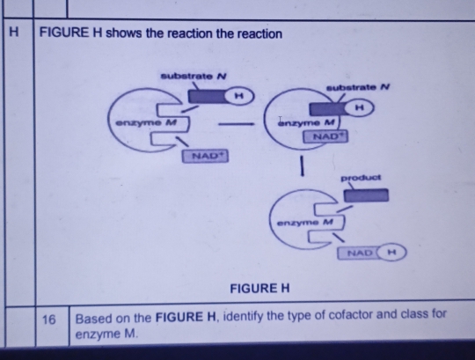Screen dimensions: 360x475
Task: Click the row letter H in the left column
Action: (x=12, y=33)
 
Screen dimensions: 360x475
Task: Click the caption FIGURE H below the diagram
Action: (x=259, y=288)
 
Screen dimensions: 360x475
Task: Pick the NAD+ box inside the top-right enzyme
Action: (x=322, y=137)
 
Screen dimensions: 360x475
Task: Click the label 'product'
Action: (x=361, y=178)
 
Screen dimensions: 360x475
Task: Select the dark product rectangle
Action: (x=371, y=195)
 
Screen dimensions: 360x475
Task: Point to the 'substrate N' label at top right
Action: (x=357, y=87)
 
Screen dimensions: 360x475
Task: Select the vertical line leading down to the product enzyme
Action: (x=302, y=165)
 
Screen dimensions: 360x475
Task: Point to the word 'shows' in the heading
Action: (x=121, y=33)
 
